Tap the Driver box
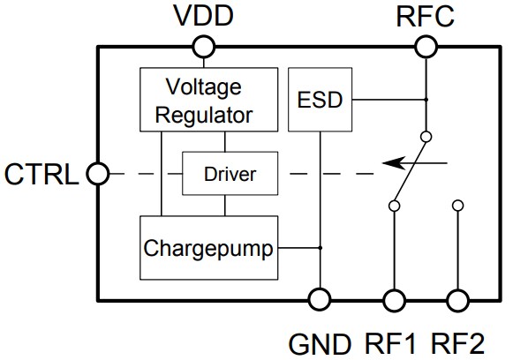[230, 174]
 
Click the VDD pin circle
[204, 46]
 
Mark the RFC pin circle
[426, 46]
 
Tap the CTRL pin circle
[96, 174]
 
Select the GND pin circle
[319, 300]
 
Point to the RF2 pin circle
[457, 300]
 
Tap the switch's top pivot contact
[426, 137]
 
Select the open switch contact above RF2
[457, 206]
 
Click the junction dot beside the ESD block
[426, 99]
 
